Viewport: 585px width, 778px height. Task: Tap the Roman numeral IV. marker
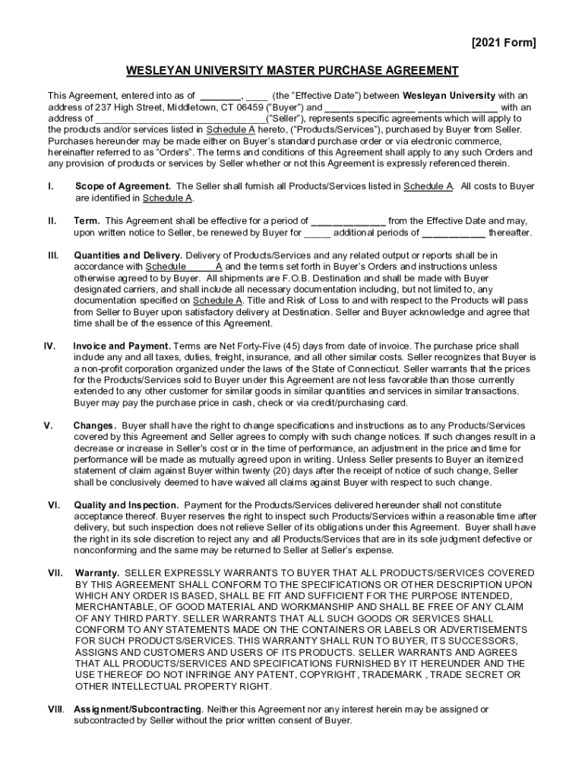[x=49, y=346]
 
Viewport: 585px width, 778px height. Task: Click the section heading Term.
[x=89, y=221]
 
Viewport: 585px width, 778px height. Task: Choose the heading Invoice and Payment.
[x=122, y=346]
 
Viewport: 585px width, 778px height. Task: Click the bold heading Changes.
[x=95, y=425]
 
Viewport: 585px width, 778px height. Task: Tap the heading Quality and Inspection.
[x=126, y=505]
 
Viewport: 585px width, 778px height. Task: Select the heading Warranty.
[x=96, y=573]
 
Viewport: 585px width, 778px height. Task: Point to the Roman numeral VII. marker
[x=55, y=573]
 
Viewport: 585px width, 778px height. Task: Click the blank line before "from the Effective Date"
[x=348, y=221]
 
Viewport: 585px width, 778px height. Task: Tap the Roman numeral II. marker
[x=52, y=221]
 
